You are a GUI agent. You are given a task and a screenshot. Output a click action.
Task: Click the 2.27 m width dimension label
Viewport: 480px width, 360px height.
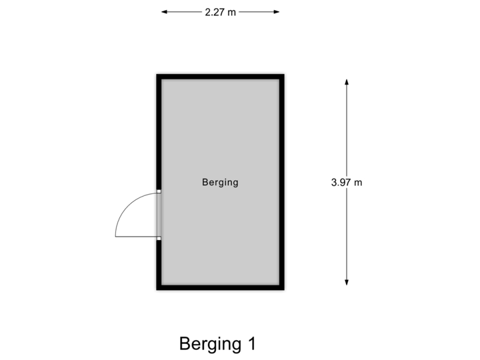tap(220, 11)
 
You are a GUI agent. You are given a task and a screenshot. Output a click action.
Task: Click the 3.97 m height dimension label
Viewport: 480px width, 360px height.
tap(347, 181)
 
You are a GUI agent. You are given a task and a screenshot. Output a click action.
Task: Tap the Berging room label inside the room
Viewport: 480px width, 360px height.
tap(220, 182)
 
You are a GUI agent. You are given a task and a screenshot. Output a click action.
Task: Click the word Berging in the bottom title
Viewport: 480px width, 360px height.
tap(209, 344)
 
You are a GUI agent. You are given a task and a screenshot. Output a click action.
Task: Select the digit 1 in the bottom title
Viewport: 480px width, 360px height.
tap(251, 344)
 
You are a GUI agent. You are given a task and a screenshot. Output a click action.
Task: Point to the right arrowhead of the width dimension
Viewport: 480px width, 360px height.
tap(277, 11)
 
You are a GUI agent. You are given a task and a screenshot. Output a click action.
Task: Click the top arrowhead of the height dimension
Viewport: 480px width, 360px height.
tap(347, 81)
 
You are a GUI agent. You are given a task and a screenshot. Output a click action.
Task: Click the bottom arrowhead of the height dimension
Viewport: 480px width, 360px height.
tap(347, 283)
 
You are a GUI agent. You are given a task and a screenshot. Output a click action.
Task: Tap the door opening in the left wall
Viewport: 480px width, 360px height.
tap(159, 215)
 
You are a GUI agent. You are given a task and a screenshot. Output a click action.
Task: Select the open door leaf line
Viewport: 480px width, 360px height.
tap(136, 237)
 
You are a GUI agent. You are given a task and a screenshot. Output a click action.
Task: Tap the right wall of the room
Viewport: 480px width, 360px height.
tap(283, 181)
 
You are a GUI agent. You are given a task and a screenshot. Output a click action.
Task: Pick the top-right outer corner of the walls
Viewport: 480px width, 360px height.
tap(286, 73)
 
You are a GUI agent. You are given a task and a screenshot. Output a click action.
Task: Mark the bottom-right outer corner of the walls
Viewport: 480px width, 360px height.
tap(286, 291)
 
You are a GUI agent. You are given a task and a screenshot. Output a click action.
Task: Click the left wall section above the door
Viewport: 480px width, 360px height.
tap(158, 133)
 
